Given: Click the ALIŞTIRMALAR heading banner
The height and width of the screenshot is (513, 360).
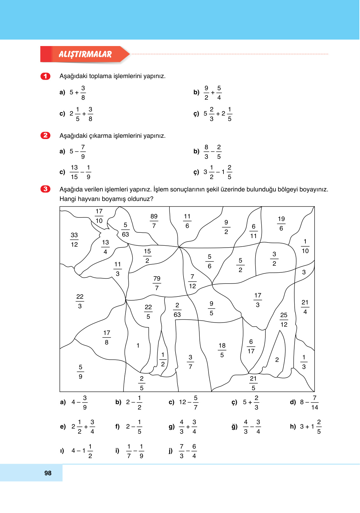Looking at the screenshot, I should tap(85, 54).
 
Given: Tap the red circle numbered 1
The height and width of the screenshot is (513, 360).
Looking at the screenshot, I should tap(45, 76).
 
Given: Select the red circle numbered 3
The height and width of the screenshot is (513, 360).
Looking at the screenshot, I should tap(45, 189).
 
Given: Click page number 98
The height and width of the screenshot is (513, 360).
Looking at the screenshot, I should tap(48, 473).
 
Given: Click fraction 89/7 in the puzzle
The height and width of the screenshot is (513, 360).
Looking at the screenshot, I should tap(154, 221).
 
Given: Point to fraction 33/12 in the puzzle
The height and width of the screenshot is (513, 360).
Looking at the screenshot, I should tap(74, 240).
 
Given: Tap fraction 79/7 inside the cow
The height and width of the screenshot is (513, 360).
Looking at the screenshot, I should tap(157, 283).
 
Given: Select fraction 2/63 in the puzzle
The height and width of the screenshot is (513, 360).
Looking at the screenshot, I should tap(177, 310).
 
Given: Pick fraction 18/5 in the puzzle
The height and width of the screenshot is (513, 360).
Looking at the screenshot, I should tap(222, 350).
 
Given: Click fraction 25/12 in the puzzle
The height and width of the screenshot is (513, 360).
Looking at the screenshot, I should tap(284, 320).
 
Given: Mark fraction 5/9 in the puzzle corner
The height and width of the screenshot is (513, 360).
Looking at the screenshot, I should tap(81, 372).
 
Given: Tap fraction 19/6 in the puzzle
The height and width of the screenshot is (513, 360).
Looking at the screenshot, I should tap(281, 223).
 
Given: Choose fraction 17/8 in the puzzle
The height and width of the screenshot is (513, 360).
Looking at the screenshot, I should tap(107, 337).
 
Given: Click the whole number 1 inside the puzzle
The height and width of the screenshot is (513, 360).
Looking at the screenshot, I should tap(138, 345).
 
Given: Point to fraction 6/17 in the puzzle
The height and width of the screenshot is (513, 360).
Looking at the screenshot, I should tap(251, 346).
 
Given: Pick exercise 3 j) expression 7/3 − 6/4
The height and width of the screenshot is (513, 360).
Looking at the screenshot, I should tap(188, 451).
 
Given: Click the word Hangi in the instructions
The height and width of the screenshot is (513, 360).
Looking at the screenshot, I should tap(68, 199).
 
